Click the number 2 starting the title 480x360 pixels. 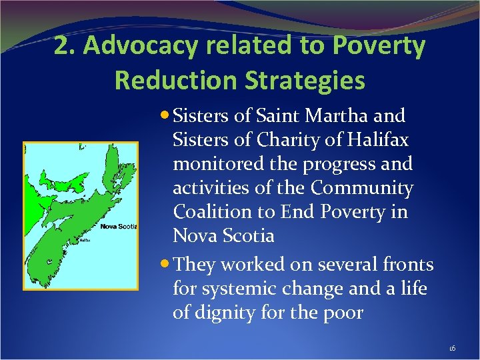click(x=61, y=47)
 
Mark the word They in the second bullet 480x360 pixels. click(x=193, y=265)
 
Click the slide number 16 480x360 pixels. click(x=452, y=349)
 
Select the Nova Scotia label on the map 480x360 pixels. click(x=118, y=227)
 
